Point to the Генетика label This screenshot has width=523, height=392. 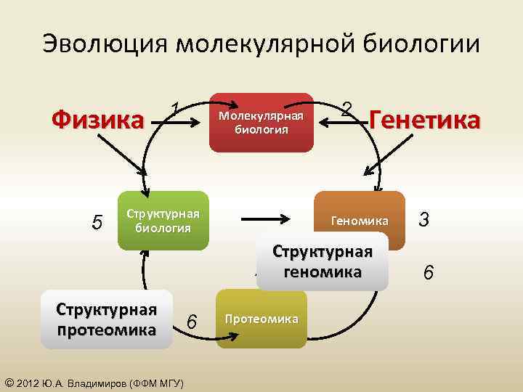425,120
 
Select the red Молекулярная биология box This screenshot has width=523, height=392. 261,123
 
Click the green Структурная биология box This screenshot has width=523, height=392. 163,221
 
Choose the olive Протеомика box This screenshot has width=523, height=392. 261,319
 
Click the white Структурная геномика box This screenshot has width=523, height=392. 322,261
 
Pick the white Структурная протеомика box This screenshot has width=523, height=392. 107,320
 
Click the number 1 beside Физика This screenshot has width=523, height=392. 175,109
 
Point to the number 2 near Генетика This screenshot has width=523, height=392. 348,109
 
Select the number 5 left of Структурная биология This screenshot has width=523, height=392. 97,221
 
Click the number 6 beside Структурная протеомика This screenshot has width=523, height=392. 191,321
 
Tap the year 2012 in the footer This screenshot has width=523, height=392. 27,383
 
